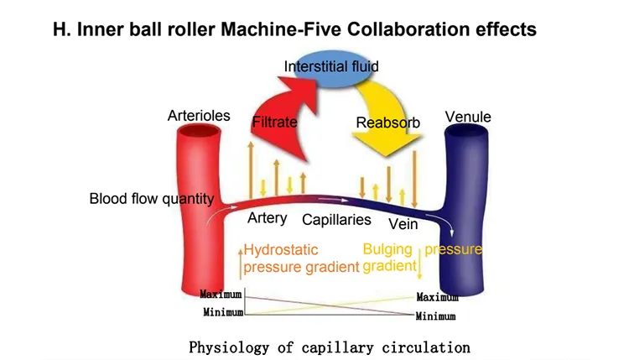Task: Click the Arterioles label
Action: pos(199,116)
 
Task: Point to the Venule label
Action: pos(468,117)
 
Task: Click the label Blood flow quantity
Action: pos(152,199)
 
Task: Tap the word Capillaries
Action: pos(336,220)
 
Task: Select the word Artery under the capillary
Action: pos(268,218)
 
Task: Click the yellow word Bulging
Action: pos(388,249)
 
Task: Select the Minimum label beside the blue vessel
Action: pos(436,316)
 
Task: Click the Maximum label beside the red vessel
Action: pos(221,294)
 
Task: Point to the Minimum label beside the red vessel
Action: pos(221,311)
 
